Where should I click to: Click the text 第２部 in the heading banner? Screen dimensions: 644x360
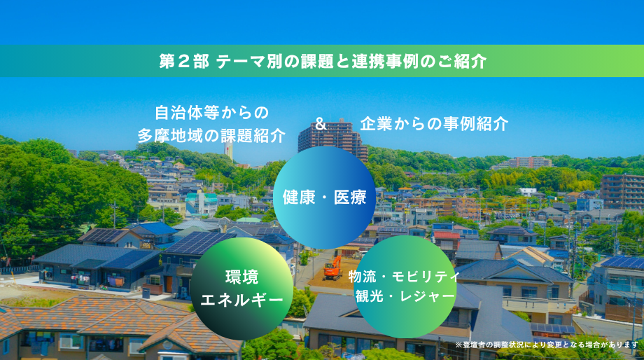184,61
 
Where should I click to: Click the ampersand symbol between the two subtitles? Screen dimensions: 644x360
321,123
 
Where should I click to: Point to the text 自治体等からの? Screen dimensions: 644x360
212,113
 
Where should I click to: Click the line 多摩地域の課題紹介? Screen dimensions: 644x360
211,135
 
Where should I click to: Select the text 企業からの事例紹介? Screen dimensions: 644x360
435,124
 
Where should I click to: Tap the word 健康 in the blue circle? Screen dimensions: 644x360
299,198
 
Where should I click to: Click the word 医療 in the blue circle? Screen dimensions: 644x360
350,198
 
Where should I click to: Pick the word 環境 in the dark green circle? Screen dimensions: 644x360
242,277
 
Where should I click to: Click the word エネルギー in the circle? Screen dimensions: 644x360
242,300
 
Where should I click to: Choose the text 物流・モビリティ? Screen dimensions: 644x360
404,277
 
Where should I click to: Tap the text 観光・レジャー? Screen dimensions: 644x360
405,296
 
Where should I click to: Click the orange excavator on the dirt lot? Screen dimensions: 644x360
332,268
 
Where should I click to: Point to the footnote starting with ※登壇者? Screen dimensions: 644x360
547,345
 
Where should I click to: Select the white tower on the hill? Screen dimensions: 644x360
228,151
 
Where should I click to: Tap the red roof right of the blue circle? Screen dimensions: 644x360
447,235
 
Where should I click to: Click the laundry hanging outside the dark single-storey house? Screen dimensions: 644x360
115,282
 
